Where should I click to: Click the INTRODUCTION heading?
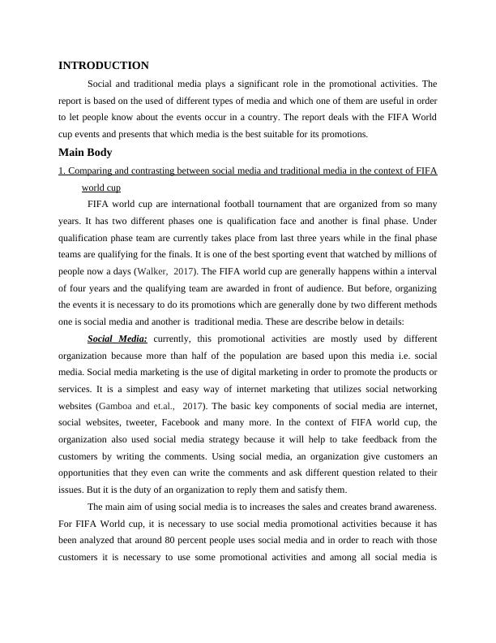[104, 65]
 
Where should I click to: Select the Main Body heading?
[85, 152]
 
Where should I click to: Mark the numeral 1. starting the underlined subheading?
[62, 170]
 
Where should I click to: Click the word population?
[267, 356]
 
